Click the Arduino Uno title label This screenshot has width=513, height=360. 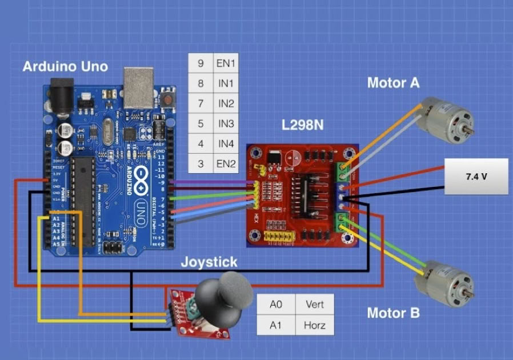(x=65, y=66)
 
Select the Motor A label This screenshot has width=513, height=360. (x=393, y=83)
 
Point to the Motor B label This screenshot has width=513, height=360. (x=393, y=313)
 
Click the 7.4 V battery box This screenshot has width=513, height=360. (x=476, y=177)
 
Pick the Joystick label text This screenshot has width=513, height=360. (x=209, y=262)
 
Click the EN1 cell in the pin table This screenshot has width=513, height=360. (x=225, y=63)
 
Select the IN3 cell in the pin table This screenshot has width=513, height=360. (x=225, y=123)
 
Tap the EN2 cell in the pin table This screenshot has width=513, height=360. (x=225, y=163)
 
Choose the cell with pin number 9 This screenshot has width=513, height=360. (x=201, y=63)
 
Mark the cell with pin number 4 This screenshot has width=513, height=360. (x=201, y=143)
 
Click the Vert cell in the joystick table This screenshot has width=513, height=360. (x=315, y=305)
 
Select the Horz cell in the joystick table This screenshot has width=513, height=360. (x=315, y=326)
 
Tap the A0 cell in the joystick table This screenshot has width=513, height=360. (x=276, y=305)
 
